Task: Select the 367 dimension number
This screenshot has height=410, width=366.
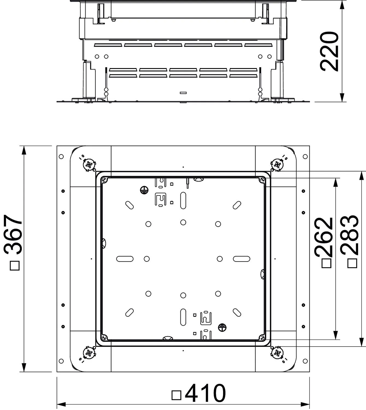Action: pyautogui.click(x=13, y=235)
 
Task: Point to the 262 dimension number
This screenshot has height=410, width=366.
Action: pyautogui.click(x=323, y=237)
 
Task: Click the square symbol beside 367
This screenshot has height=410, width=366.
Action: pyautogui.click(x=15, y=265)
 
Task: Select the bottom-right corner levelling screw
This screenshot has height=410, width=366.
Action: pyautogui.click(x=277, y=353)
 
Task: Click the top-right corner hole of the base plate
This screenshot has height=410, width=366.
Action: pyautogui.click(x=305, y=156)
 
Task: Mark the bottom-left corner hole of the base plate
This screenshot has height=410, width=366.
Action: pyautogui.click(x=61, y=361)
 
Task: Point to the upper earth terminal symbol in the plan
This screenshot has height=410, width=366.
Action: pyautogui.click(x=144, y=190)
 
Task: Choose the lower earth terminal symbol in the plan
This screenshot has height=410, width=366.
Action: pyautogui.click(x=222, y=327)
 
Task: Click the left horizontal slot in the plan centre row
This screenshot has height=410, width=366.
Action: pyautogui.click(x=125, y=259)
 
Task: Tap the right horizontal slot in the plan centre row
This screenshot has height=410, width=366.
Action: pyautogui.click(x=242, y=259)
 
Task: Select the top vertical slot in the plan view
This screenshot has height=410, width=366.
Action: pyautogui.click(x=183, y=200)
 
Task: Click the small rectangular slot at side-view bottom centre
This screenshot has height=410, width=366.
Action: pyautogui.click(x=183, y=93)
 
